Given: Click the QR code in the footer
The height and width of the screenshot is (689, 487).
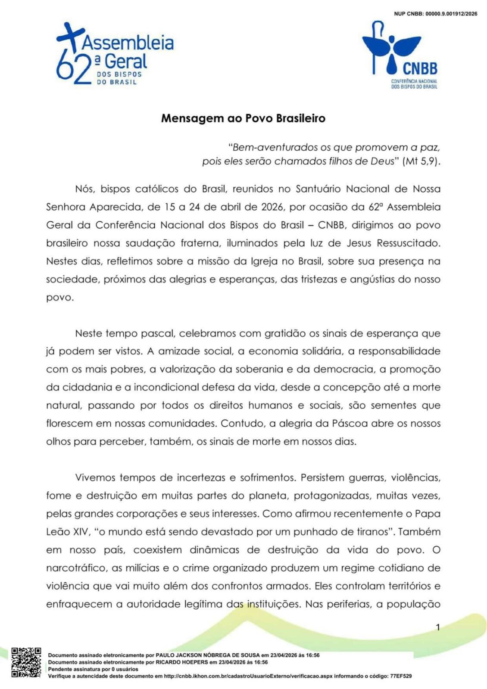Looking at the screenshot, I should (26, 662).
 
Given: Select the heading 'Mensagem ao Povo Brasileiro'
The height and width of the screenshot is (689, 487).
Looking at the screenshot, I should (243, 118).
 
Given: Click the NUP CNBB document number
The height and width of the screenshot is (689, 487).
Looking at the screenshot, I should (435, 14).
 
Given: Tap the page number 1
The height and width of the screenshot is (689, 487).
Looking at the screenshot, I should (438, 627).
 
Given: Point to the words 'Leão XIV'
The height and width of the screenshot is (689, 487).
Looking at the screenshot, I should (67, 532).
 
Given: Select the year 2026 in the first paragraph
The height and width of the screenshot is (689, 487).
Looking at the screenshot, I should (272, 207).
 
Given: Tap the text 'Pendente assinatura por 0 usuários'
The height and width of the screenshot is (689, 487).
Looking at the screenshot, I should (93, 669).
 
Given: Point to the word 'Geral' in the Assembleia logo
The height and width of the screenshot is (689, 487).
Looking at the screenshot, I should (126, 62).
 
